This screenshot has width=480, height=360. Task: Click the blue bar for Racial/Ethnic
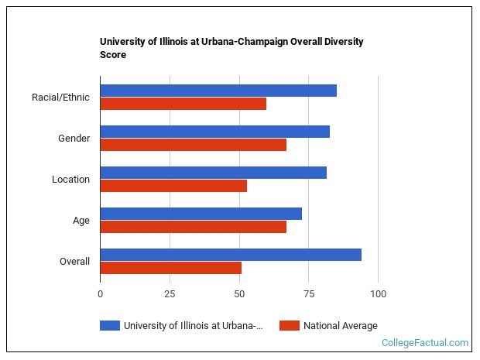218,91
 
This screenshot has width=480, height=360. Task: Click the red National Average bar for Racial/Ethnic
183,104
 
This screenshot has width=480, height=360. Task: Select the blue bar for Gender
215,132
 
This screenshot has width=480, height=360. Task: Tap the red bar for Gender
194,145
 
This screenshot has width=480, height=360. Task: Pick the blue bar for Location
214,173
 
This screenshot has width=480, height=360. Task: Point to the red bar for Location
173,186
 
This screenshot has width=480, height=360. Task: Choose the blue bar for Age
201,214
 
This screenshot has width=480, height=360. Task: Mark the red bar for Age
194,227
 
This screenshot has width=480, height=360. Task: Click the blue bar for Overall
231,255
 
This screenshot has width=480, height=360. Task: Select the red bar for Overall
171,268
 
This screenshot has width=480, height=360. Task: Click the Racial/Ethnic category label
60,98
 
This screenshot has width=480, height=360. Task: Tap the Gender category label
74,139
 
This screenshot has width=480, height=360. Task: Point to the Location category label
70,180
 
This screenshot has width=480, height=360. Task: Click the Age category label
81,221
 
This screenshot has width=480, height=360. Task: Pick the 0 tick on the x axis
101,294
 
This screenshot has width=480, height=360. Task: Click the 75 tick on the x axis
308,294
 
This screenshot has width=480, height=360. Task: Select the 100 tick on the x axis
378,294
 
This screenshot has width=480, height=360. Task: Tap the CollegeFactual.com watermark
425,342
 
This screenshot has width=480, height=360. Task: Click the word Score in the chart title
113,55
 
